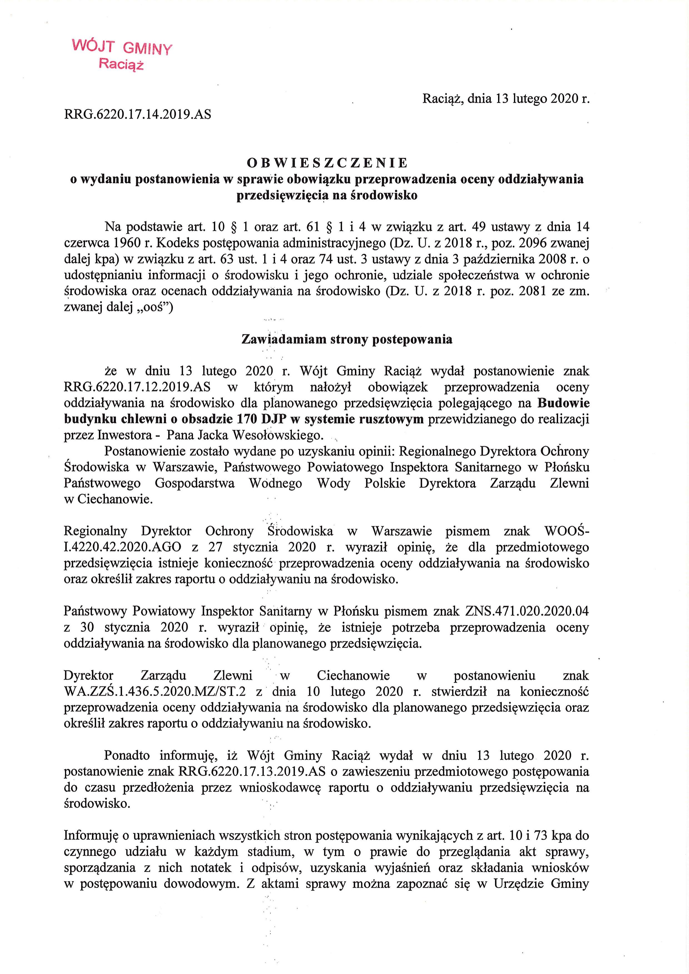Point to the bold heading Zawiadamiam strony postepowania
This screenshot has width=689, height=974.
pos(346,339)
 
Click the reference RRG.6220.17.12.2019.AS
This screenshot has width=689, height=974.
pos(137,387)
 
